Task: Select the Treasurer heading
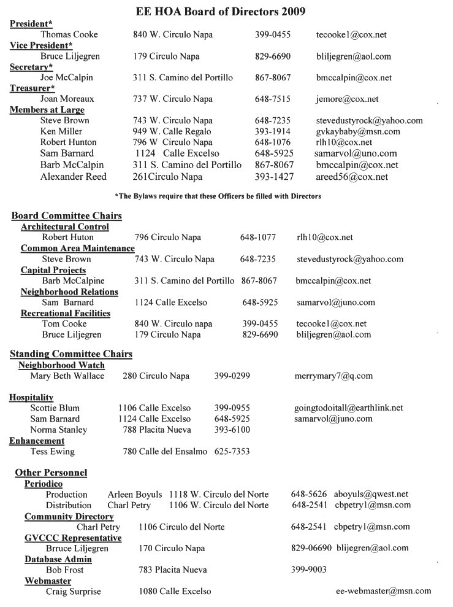point(31,88)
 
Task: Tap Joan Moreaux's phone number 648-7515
point(272,99)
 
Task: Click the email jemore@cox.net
point(348,99)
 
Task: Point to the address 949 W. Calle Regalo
point(172,132)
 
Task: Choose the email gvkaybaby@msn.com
point(358,132)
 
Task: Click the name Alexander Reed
point(74,177)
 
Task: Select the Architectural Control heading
point(65,226)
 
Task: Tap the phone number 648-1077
point(258,238)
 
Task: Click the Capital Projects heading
point(53,270)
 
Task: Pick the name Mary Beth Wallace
point(67,376)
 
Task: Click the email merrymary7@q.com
point(333,376)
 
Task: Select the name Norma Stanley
point(59,430)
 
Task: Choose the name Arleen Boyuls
point(135,495)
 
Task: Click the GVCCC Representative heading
point(73,538)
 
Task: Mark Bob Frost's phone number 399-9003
point(309,570)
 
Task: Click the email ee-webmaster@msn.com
point(384,592)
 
